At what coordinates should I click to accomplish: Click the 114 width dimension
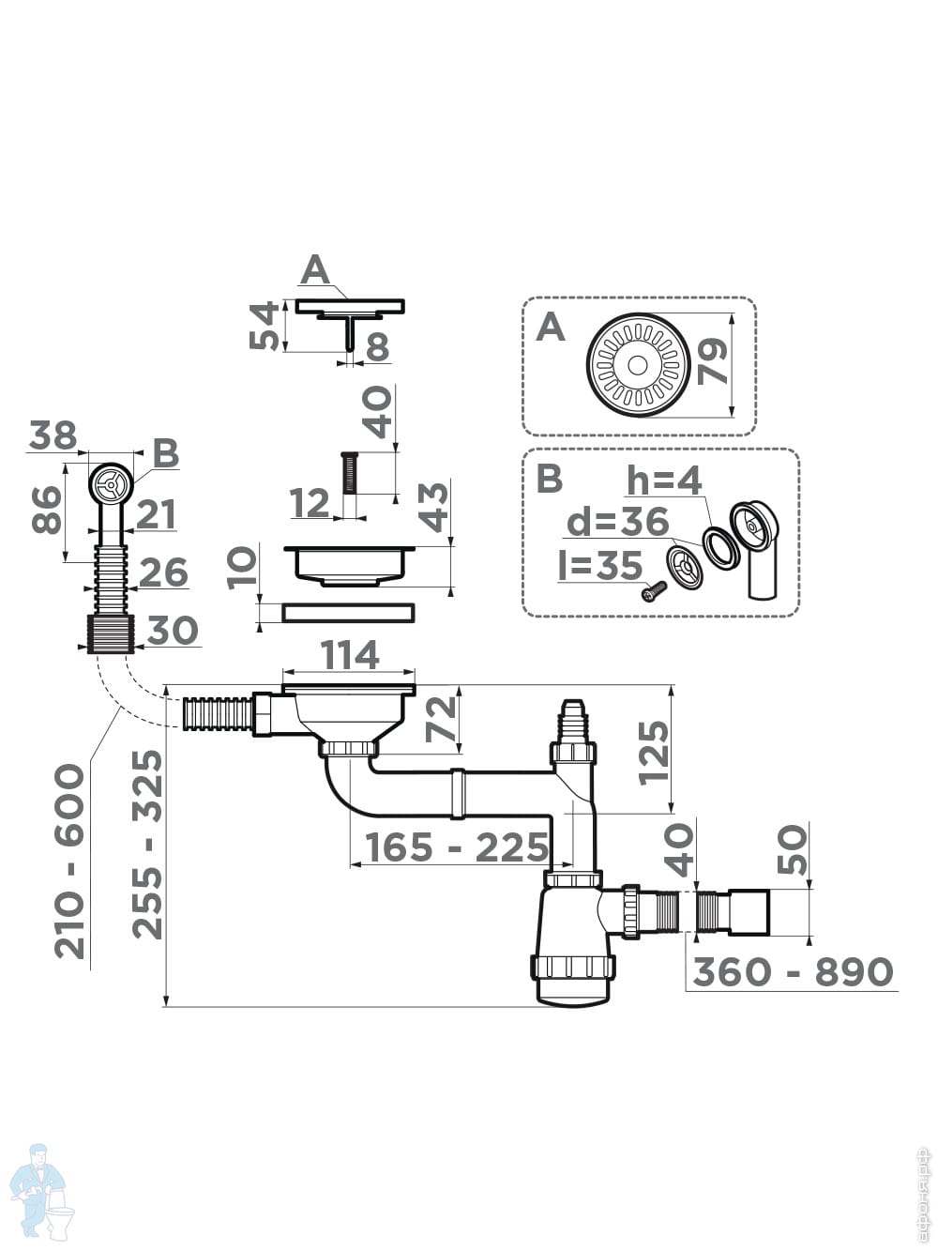click(349, 655)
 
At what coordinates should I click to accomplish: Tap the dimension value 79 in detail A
click(713, 362)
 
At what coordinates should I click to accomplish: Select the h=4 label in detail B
click(664, 481)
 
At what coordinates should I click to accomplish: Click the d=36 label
click(617, 522)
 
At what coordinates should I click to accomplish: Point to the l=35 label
click(599, 566)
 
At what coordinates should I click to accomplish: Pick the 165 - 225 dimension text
click(457, 847)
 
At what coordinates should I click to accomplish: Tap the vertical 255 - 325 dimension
click(147, 844)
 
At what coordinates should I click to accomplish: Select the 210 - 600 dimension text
click(70, 861)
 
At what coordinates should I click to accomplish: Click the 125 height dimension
click(654, 751)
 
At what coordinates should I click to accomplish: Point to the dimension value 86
click(47, 510)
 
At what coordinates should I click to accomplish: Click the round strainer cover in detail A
click(638, 364)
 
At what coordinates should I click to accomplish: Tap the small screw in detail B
click(653, 591)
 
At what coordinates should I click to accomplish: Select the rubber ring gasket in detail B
click(720, 547)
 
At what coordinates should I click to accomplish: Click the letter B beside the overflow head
click(165, 454)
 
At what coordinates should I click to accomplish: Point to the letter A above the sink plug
click(315, 270)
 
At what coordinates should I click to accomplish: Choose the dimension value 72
click(441, 720)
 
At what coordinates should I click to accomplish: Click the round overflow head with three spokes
click(112, 484)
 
